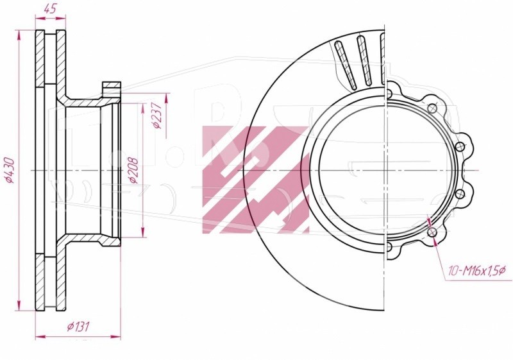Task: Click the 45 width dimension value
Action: pyautogui.click(x=51, y=9)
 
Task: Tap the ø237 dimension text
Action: pyautogui.click(x=157, y=116)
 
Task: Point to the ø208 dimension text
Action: pyautogui.click(x=133, y=171)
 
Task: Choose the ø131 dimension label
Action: pyautogui.click(x=78, y=326)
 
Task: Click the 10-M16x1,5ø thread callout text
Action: pyautogui.click(x=477, y=271)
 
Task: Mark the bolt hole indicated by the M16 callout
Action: pyautogui.click(x=432, y=232)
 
